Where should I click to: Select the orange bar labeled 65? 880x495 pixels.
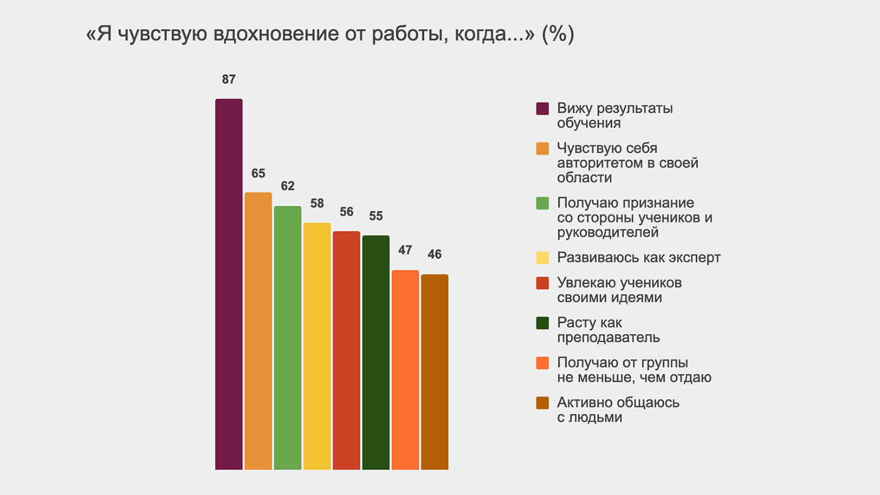tap(258, 331)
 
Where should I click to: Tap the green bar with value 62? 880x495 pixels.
tap(287, 338)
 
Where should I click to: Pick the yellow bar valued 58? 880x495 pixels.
tap(317, 346)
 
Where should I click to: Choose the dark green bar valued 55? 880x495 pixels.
tap(376, 352)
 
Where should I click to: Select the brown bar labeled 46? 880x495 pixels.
tap(434, 372)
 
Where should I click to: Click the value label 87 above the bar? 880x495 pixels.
tap(229, 79)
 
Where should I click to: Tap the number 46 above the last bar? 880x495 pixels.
tap(434, 254)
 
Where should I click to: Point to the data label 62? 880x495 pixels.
tap(287, 186)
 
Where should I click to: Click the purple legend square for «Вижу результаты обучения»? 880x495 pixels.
tap(542, 109)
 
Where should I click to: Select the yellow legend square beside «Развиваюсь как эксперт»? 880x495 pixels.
tap(542, 258)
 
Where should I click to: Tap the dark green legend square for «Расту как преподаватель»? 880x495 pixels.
tap(542, 323)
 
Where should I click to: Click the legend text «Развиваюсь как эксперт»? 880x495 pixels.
tap(638, 258)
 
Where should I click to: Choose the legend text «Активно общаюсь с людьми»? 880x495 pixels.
tap(618, 410)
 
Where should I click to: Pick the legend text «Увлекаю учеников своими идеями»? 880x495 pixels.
tap(619, 290)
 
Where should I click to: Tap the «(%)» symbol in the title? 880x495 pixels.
tap(558, 34)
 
